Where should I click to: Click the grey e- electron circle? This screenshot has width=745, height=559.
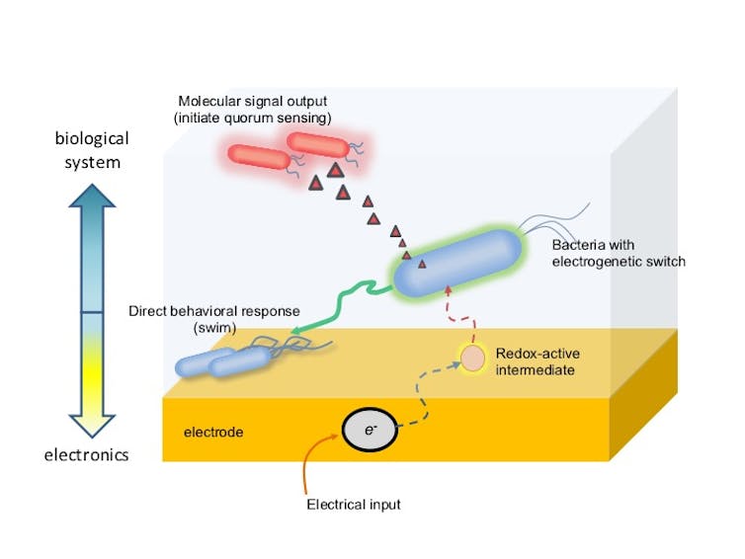click(x=370, y=430)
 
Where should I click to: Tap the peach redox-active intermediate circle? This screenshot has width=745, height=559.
click(x=472, y=359)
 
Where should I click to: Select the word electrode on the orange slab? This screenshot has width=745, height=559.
click(x=213, y=433)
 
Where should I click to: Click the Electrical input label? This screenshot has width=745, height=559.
click(x=354, y=505)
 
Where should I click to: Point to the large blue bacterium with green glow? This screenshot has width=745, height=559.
click(x=458, y=263)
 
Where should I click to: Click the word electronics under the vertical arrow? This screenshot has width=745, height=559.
click(x=87, y=455)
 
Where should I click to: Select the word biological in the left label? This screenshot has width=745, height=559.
click(x=92, y=138)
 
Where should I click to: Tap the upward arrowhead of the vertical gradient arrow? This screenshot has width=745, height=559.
click(x=92, y=196)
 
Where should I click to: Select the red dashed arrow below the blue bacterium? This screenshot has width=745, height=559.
click(x=459, y=317)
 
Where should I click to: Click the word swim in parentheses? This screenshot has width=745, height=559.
click(x=214, y=328)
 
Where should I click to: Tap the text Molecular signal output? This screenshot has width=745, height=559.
click(x=253, y=101)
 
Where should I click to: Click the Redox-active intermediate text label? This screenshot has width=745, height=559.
click(x=538, y=361)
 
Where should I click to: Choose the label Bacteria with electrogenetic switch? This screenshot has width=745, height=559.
click(x=619, y=253)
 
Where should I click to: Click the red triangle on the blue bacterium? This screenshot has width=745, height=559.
click(x=422, y=264)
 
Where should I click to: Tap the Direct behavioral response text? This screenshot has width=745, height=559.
click(x=214, y=311)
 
